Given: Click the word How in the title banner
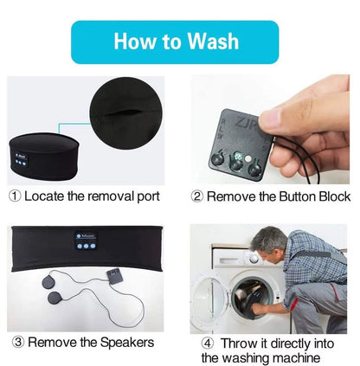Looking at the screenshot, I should pyautogui.click(x=135, y=42).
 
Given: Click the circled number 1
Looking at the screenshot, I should pyautogui.click(x=15, y=196).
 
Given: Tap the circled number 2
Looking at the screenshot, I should pyautogui.click(x=197, y=196).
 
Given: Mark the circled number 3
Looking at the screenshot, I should pyautogui.click(x=16, y=342).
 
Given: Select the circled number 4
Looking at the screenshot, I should pyautogui.click(x=209, y=341).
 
